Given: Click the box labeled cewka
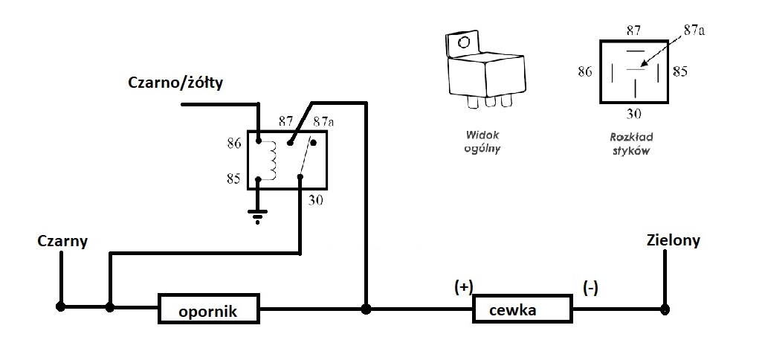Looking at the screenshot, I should coord(523,309).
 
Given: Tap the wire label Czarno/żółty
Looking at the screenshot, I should coord(175,82).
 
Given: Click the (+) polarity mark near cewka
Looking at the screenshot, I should coord(463,287).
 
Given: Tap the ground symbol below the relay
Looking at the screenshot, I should coord(258,216).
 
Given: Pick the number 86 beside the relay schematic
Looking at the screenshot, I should coord(233,143).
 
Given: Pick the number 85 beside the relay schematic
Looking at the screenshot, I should coord(233,179).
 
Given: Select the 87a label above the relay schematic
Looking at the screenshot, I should coord(323,120).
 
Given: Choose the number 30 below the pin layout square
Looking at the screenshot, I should coord(634,115).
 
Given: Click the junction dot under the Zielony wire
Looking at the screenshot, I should coord(665,309).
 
